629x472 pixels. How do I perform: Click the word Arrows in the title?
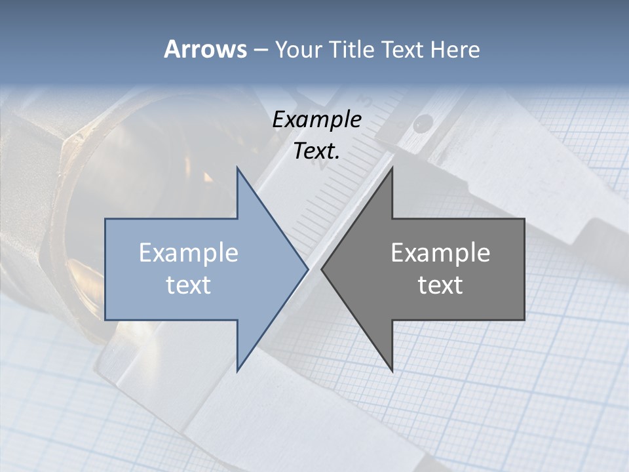[205, 49]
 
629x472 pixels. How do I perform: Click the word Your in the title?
[298, 50]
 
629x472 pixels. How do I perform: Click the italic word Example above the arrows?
[317, 119]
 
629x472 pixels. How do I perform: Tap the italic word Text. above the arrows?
[317, 151]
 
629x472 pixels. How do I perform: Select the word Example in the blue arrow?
[189, 252]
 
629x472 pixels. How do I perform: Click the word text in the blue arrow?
[189, 285]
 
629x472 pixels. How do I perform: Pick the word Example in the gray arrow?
[440, 252]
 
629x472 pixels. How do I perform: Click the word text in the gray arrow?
[440, 285]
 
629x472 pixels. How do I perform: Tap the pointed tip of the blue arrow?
[307, 269]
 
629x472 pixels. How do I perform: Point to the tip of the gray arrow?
[322, 269]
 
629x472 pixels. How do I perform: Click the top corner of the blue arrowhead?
[237, 168]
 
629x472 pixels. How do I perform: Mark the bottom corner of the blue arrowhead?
[237, 370]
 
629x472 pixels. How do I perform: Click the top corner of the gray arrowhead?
[392, 168]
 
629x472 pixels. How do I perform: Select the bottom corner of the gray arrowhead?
[392, 370]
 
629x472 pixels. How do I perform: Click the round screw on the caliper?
[423, 121]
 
